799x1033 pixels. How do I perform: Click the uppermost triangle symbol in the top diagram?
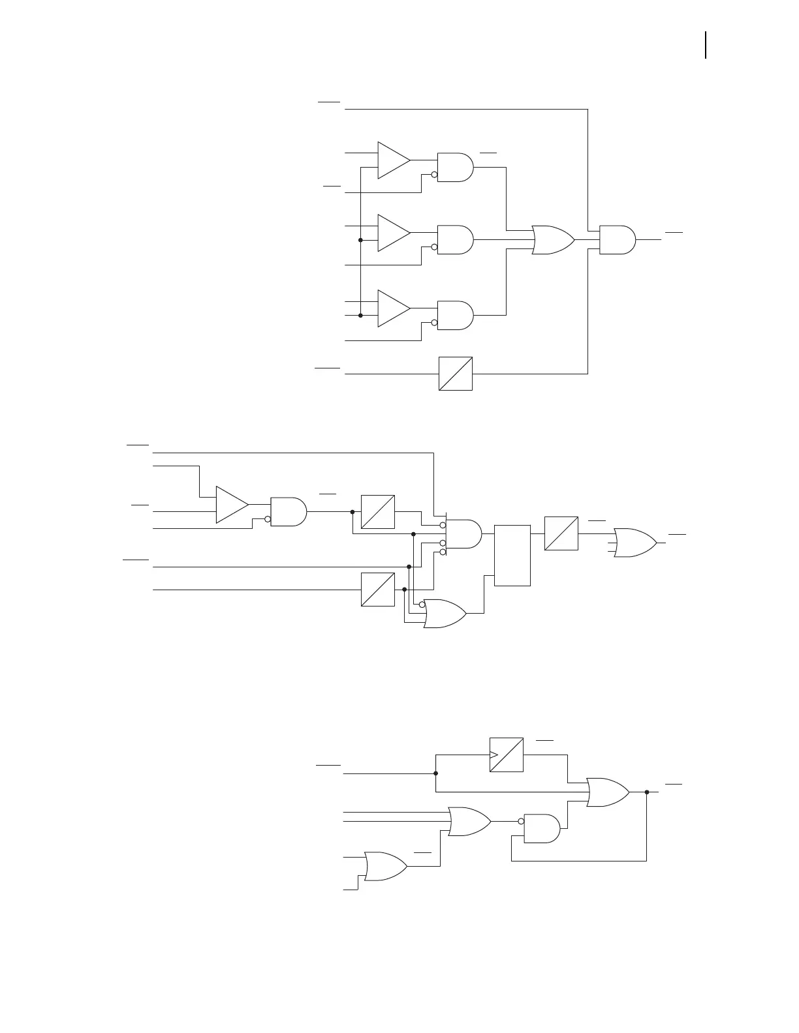392,160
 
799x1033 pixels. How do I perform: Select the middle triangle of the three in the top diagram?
392,233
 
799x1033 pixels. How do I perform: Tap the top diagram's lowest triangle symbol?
392,308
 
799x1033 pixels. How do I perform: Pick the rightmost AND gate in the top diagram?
616,240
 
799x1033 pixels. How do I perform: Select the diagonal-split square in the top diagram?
456,374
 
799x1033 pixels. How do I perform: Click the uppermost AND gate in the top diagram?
454,167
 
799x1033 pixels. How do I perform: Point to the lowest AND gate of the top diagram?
454,315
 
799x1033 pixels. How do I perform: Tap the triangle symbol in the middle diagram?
231,504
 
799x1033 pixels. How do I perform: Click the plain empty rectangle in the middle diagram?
512,555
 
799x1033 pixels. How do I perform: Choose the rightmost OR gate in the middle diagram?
635,543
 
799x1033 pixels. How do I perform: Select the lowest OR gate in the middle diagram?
444,614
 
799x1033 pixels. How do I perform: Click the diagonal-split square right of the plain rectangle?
561,533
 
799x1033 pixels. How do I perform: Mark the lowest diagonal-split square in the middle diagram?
378,590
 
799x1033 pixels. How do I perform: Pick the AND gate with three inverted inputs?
463,534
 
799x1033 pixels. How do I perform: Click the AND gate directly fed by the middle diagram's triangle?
288,512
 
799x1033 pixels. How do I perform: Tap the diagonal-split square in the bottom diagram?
507,755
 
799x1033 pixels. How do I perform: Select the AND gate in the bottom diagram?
542,828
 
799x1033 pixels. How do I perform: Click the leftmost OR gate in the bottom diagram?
385,866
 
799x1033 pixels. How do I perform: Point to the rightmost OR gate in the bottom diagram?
607,792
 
